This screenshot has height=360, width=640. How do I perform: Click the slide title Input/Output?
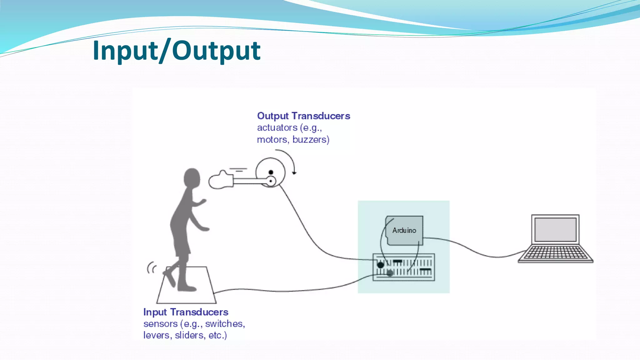[x=177, y=51]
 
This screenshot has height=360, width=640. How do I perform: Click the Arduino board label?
[x=404, y=230]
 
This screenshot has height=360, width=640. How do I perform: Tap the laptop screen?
[x=555, y=230]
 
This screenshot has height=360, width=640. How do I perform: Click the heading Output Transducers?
[x=303, y=116]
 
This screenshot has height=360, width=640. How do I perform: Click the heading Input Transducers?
[x=186, y=312]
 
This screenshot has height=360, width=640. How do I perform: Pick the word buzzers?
[x=311, y=139]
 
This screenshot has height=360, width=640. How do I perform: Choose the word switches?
[x=225, y=323]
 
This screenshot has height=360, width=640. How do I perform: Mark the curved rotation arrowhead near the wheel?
[x=294, y=172]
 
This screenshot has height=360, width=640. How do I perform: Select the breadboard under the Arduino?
[x=404, y=267]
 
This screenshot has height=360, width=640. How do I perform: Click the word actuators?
[x=277, y=127]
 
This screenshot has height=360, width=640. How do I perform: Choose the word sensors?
[x=160, y=323]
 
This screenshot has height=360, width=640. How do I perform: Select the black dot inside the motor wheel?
[x=271, y=172]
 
